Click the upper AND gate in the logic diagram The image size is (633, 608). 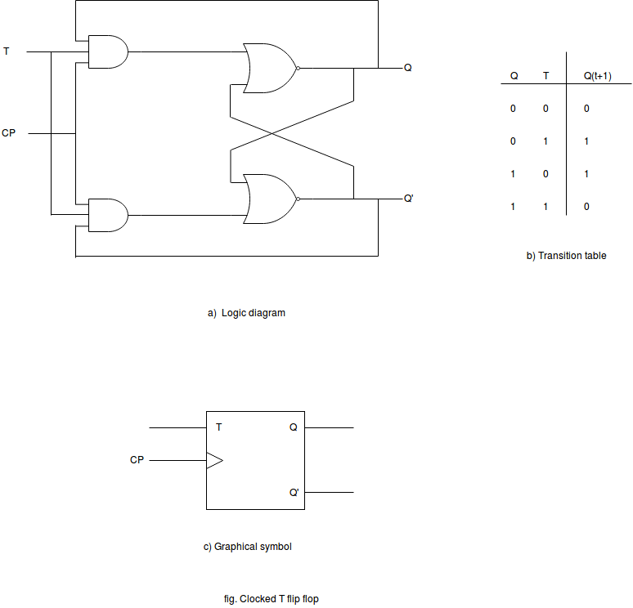point(108,51)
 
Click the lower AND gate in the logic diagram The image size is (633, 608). point(108,215)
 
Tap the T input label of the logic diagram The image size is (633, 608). point(6,51)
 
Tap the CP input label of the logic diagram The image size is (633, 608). point(8,132)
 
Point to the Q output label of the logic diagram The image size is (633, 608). point(408,68)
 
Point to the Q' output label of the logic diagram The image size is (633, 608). point(409,198)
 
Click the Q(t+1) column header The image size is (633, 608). point(598,76)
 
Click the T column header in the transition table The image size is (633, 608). point(545,76)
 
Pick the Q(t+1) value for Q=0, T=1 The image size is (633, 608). point(586,141)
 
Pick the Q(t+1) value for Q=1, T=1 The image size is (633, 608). point(586,207)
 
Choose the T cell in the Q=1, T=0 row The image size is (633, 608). point(545,174)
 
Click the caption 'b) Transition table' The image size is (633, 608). point(566,256)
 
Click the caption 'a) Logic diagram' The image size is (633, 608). point(246,313)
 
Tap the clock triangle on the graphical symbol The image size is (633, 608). point(214,460)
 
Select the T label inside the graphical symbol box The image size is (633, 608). point(219,427)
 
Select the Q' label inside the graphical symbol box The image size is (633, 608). point(294,492)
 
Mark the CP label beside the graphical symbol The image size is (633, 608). point(137,460)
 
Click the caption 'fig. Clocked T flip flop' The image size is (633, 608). point(272,599)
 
